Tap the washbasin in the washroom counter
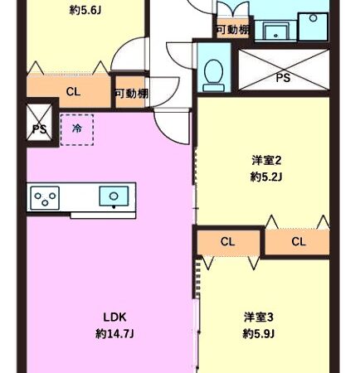tap(275, 31)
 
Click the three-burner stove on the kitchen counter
tap(46, 198)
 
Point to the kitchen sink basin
tap(111, 196)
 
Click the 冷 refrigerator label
tap(76, 128)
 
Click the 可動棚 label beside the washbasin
tap(231, 30)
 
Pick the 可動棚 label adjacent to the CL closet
tap(131, 94)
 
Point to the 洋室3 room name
tap(259, 317)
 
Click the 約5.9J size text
tap(259, 334)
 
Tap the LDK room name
tap(114, 317)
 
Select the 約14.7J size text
tap(114, 334)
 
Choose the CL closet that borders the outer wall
tap(299, 242)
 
